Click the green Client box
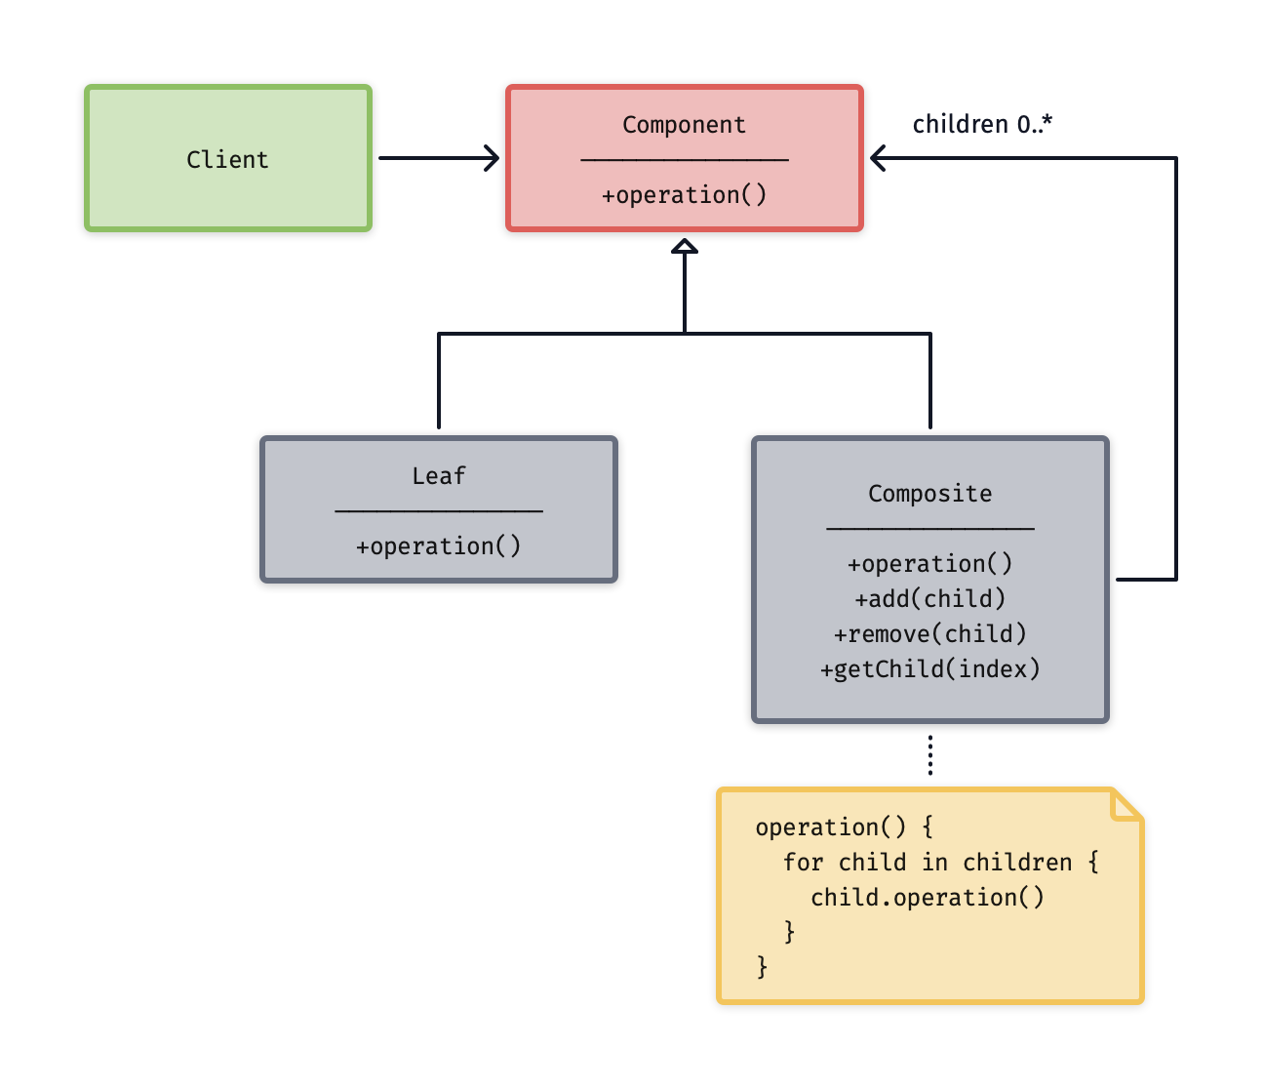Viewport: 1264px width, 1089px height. click(228, 158)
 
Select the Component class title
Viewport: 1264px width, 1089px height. click(684, 125)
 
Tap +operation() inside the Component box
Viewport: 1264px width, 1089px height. click(684, 195)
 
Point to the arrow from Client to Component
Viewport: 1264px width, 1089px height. click(439, 158)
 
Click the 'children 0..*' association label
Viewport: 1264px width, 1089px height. click(982, 125)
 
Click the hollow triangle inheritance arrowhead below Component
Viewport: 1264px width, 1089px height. click(685, 247)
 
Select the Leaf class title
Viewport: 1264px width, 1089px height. click(439, 476)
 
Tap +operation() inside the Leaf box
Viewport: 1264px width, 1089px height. click(439, 546)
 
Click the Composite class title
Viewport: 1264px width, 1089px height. click(929, 494)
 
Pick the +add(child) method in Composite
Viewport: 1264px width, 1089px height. click(929, 599)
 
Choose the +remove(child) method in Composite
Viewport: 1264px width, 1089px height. click(929, 634)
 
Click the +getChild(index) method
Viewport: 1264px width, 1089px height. click(929, 669)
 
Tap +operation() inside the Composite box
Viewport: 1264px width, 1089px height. click(929, 564)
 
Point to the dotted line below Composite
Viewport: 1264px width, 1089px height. click(930, 755)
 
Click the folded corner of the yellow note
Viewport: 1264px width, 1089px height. click(1126, 807)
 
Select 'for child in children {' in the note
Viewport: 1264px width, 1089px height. click(940, 863)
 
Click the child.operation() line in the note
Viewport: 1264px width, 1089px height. click(927, 898)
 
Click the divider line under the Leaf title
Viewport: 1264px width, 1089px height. click(439, 509)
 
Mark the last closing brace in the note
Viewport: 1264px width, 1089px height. click(763, 967)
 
